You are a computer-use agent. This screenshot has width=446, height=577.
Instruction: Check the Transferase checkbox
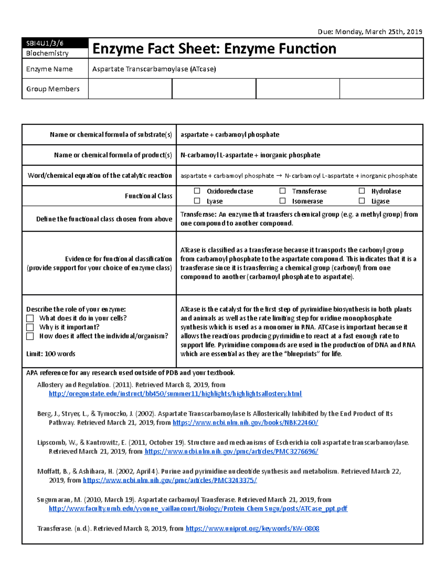(283, 191)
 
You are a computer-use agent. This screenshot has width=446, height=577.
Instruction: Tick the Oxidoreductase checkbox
(197, 191)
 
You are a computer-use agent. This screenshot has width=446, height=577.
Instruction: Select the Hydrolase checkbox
(362, 191)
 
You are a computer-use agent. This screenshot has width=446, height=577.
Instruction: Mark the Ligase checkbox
(362, 201)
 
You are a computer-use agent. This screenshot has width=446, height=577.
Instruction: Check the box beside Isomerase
(283, 201)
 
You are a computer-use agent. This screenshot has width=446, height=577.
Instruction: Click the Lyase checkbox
(197, 201)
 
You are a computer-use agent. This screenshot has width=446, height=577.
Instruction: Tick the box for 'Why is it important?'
(30, 327)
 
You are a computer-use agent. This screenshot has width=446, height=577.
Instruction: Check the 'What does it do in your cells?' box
(30, 318)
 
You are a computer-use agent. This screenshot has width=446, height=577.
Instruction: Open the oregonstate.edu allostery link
(175, 394)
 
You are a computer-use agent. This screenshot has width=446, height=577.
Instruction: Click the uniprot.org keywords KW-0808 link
(252, 529)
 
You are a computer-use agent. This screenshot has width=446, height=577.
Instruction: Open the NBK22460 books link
(245, 423)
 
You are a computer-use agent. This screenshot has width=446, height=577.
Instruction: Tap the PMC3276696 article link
(231, 452)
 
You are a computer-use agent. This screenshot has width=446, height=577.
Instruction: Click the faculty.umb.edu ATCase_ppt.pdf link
(198, 509)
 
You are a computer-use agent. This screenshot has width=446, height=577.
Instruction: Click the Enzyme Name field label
(49, 69)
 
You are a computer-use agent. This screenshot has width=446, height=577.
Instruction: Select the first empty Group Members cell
(130, 89)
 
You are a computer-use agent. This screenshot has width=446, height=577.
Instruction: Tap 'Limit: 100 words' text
(51, 354)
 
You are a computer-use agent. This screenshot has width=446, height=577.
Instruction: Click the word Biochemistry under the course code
(47, 54)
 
